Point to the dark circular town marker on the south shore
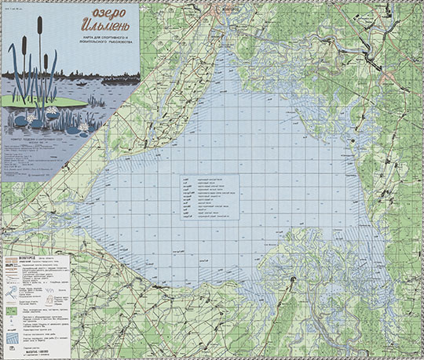[292, 280]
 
